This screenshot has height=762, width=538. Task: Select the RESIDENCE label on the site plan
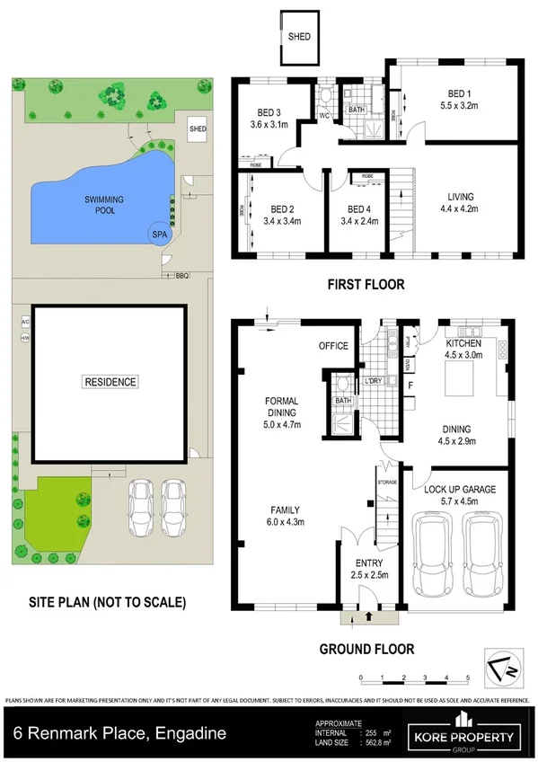point(111,382)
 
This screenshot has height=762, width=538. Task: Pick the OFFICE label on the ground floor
point(333,346)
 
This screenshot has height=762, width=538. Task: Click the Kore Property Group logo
point(464,731)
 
